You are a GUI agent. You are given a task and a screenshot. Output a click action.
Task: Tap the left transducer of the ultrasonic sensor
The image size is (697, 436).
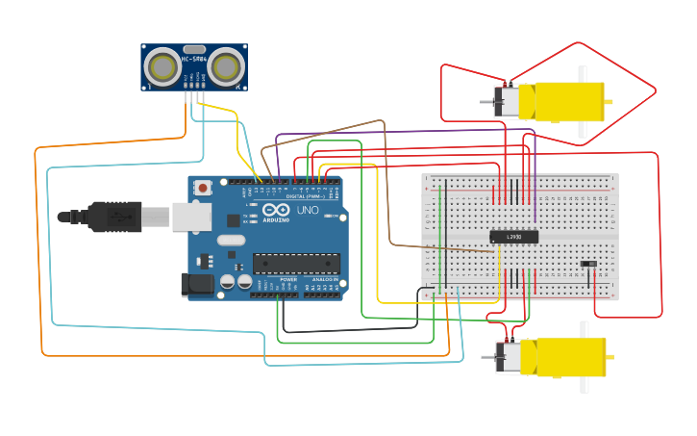(x=162, y=66)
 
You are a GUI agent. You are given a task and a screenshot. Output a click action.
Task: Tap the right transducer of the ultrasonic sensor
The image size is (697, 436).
(x=227, y=66)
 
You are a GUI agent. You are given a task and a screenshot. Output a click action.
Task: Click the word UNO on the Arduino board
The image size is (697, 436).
(x=308, y=210)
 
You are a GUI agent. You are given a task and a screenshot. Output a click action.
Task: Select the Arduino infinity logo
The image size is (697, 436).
(x=276, y=210)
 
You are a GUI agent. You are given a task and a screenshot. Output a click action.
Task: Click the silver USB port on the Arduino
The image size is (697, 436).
(x=191, y=218)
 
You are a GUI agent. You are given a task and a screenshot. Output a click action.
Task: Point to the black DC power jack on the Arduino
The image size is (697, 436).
(x=197, y=284)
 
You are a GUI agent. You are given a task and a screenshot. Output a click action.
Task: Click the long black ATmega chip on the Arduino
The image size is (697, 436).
(x=296, y=263)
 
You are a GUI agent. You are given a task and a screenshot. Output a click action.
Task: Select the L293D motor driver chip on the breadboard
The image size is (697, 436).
(x=513, y=237)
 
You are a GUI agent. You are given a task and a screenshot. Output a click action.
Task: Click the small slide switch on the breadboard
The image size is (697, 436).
(x=588, y=264)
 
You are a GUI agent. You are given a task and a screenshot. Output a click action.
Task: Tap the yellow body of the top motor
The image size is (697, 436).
(x=567, y=102)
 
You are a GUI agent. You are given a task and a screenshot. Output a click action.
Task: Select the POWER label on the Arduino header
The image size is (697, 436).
(x=288, y=279)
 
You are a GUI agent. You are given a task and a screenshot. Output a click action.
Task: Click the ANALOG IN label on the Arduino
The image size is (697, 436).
(x=324, y=279)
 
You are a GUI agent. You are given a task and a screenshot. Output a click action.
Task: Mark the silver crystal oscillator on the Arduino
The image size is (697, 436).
(x=232, y=255)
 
